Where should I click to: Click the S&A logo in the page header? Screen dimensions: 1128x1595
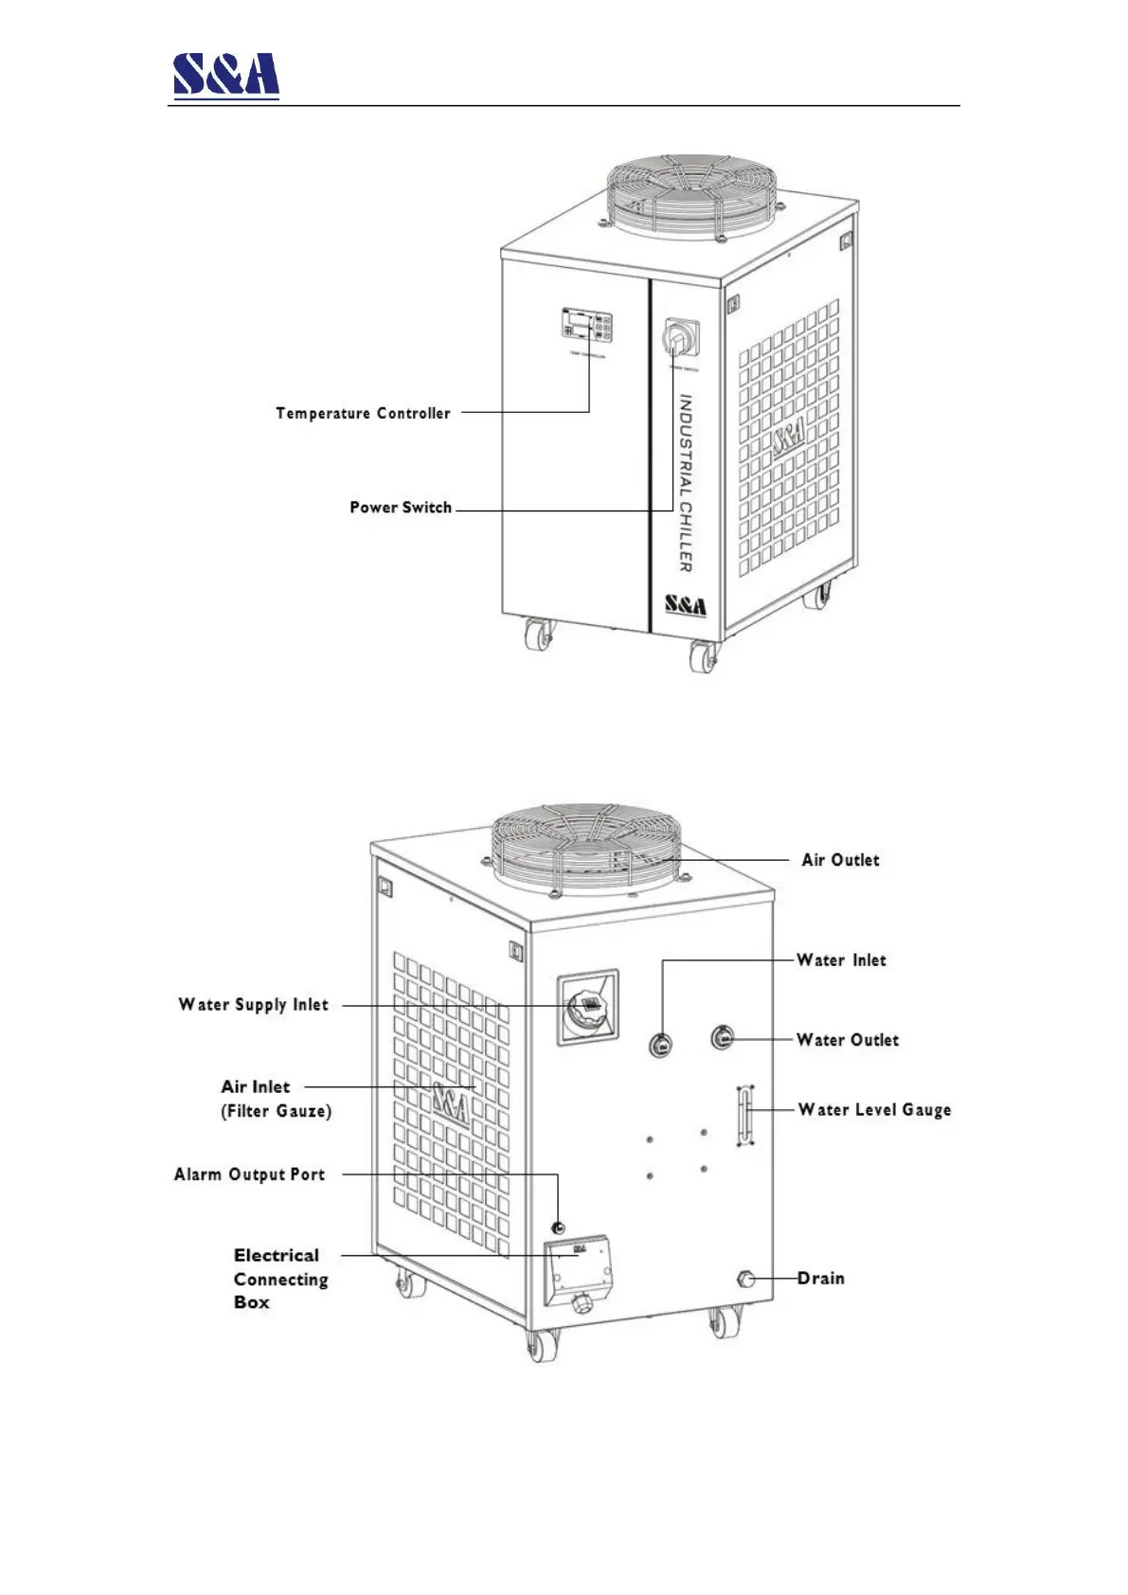click(x=225, y=74)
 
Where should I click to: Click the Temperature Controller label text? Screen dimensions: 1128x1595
click(x=363, y=413)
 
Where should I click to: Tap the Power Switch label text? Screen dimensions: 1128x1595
click(x=401, y=508)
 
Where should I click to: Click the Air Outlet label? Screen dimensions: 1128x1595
click(x=840, y=860)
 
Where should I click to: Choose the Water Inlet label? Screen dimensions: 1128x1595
click(x=841, y=960)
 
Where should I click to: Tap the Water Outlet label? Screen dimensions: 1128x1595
click(x=847, y=1040)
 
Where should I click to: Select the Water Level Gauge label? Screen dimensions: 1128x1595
click(x=874, y=1110)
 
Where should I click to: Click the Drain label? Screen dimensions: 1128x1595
click(x=820, y=1279)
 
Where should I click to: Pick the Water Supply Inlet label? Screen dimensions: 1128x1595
click(x=253, y=1005)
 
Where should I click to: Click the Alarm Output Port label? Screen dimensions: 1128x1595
click(x=249, y=1174)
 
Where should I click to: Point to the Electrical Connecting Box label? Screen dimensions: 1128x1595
click(x=280, y=1279)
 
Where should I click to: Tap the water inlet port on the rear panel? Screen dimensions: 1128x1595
click(x=661, y=1046)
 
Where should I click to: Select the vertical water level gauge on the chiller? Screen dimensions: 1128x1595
click(x=745, y=1116)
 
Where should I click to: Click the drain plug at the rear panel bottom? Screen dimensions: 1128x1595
click(x=745, y=1280)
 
